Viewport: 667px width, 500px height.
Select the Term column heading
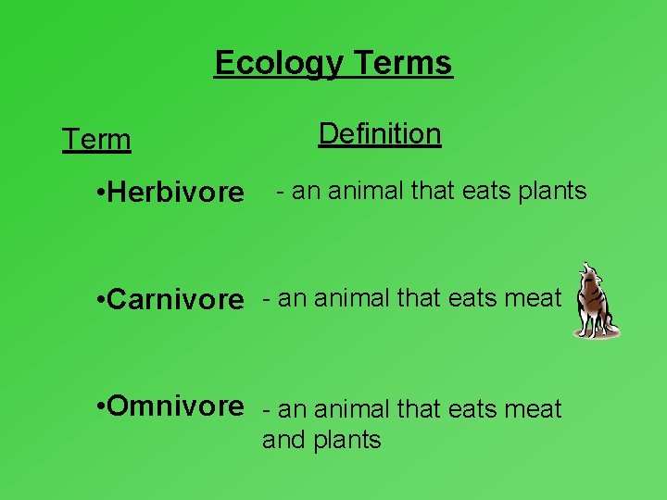(96, 140)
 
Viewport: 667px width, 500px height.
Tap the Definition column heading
(380, 133)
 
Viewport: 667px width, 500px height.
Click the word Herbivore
(176, 193)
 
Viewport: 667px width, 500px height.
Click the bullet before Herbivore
(100, 194)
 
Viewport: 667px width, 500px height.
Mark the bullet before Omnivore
(100, 406)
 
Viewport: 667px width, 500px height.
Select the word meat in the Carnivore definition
(533, 298)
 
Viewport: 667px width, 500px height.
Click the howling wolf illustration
(594, 302)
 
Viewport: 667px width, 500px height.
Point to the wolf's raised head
(586, 275)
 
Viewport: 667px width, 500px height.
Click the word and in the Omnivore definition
(281, 439)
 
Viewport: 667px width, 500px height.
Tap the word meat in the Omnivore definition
(533, 408)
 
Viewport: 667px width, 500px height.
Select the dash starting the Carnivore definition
(268, 298)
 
